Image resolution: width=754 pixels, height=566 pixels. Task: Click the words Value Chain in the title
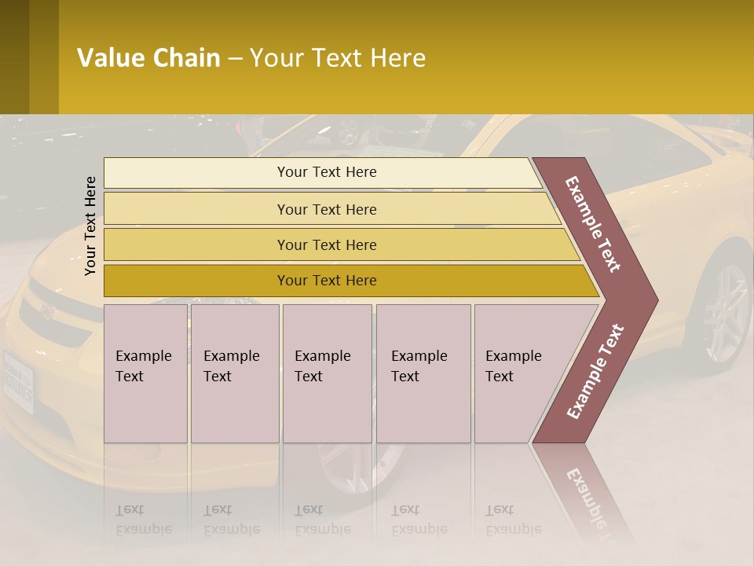pos(148,58)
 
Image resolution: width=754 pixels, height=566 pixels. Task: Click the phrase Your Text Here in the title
pos(338,58)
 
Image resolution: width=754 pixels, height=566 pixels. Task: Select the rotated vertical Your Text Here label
pos(90,226)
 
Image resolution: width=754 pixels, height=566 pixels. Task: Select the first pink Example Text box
pos(145,373)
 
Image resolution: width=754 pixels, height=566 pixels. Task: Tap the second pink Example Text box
pos(235,373)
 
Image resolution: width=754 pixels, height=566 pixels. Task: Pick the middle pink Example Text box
pos(327,373)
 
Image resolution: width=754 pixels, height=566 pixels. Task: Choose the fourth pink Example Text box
pos(423,373)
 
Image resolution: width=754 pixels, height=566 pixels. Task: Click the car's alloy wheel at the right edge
pos(727,311)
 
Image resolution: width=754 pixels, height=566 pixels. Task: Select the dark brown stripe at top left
pos(44,57)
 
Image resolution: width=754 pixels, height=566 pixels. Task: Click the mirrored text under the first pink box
pos(144,519)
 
